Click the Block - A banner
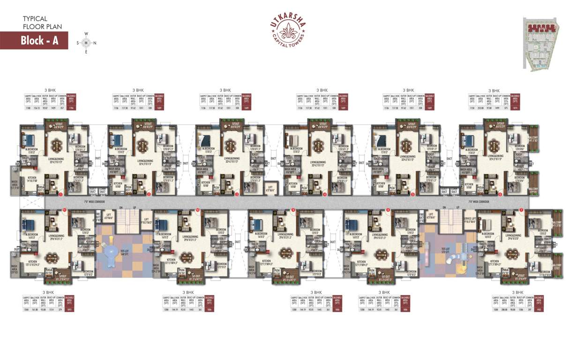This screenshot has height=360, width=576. (x=34, y=40)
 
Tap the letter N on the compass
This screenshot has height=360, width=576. (x=94, y=43)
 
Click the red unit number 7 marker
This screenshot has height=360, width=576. (x=522, y=210)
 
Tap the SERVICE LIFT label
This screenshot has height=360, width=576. (x=470, y=219)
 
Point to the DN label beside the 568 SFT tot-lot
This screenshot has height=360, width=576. (x=120, y=208)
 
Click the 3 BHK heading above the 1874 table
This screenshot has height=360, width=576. (x=494, y=90)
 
